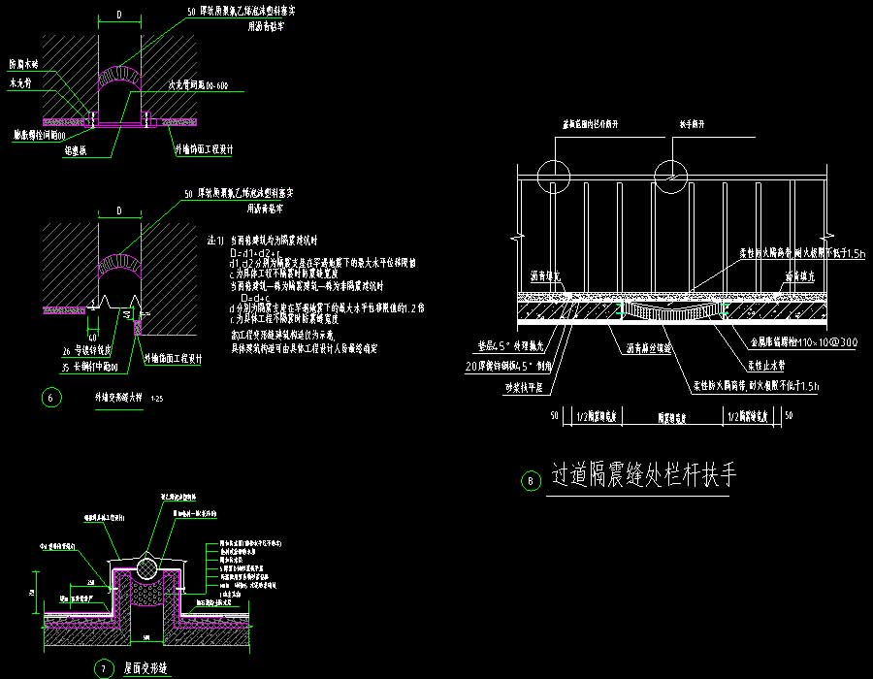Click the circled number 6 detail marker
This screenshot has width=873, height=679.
point(52,397)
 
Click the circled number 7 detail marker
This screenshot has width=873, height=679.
point(104,668)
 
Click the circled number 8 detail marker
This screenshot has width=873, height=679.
point(529,480)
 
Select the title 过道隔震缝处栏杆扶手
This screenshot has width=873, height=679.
point(644,476)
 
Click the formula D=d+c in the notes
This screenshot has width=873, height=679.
point(254,297)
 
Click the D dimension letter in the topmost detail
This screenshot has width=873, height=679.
point(118,15)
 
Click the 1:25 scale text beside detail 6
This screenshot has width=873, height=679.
point(157,399)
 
